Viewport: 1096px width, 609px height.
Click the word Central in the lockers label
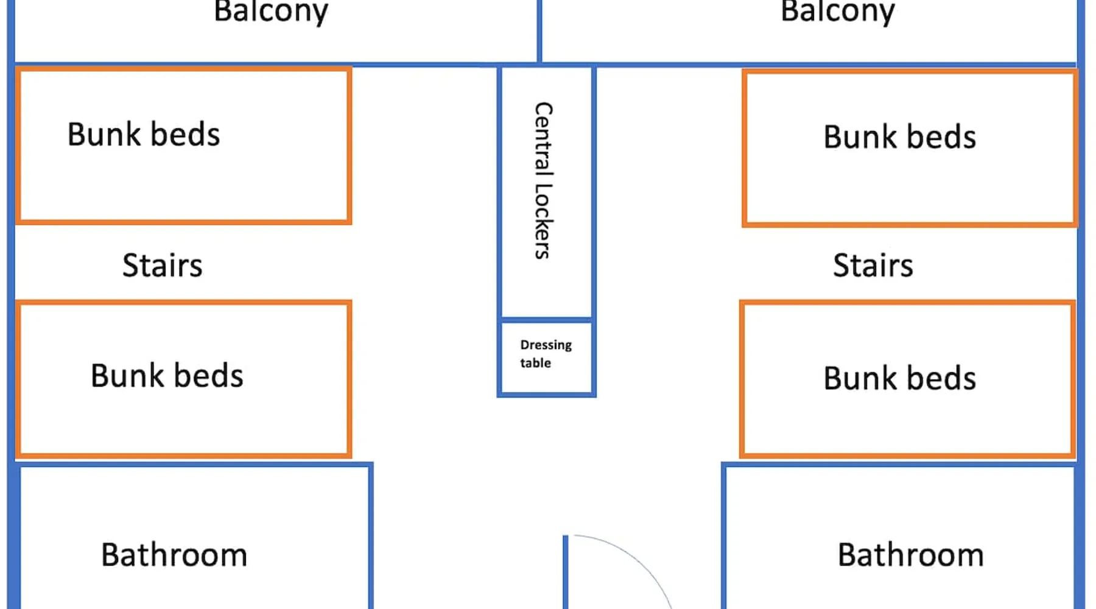[543, 136]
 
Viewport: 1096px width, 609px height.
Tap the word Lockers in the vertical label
[543, 222]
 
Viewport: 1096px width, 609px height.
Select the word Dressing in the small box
[546, 345]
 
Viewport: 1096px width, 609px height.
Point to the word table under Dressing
[535, 363]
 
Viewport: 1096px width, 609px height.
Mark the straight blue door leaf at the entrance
[566, 572]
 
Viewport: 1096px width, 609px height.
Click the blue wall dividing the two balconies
[539, 30]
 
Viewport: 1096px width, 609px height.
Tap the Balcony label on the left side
[271, 12]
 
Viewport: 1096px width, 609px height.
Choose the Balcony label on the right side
[838, 12]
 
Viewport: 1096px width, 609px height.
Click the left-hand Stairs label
[162, 266]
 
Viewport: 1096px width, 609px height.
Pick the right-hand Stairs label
[873, 266]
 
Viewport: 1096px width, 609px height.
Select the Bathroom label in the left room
[174, 555]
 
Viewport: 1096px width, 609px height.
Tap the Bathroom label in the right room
[910, 555]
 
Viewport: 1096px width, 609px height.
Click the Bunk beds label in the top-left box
[144, 135]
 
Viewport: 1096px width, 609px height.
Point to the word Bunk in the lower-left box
[127, 376]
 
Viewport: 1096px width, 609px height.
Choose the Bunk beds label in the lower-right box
[899, 378]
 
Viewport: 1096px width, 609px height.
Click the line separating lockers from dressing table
[546, 319]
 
